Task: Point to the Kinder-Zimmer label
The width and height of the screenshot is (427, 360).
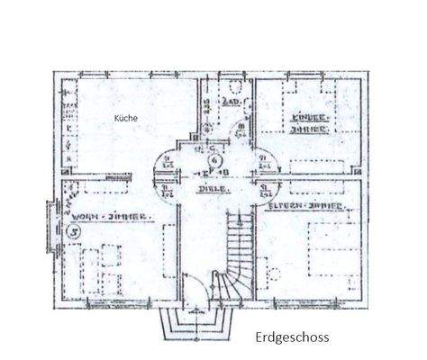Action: coord(307,122)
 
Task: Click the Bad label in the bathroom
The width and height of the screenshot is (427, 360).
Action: coord(230,104)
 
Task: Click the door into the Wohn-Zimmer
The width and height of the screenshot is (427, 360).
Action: coord(167,189)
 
